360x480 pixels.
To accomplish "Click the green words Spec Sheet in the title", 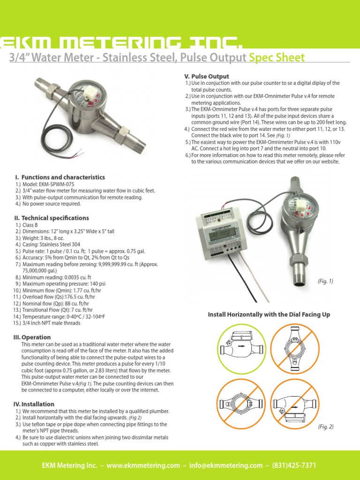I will tap(277, 58).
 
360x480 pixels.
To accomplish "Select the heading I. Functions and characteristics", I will tap(60, 177).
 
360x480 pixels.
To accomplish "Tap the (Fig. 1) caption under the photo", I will tap(325, 281).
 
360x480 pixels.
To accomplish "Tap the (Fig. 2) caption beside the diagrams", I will tap(325, 426).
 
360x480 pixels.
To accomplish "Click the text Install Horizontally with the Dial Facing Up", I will tap(269, 315).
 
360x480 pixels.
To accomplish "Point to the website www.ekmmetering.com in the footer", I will tap(143, 465).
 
